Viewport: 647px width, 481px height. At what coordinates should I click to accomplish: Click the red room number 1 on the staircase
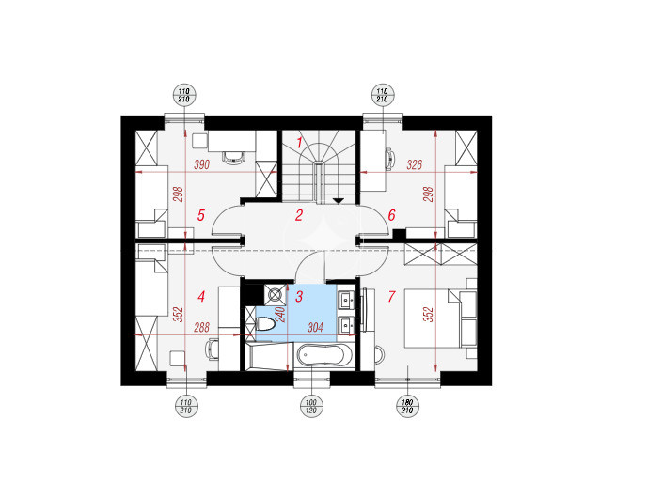click(300, 143)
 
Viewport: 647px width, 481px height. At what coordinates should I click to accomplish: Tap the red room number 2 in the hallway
click(299, 215)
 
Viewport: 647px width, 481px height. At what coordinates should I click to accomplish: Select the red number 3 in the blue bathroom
click(299, 296)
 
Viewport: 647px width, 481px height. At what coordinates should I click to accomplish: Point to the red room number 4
click(201, 296)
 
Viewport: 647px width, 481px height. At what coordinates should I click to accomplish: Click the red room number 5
click(201, 215)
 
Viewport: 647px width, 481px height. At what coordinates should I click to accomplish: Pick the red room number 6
click(391, 215)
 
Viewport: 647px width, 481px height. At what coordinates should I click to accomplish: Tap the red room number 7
click(391, 296)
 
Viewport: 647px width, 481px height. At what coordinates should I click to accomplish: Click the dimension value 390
click(202, 164)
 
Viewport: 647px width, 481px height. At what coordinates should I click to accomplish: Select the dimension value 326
click(415, 164)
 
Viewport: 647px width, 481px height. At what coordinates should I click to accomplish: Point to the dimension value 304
click(315, 328)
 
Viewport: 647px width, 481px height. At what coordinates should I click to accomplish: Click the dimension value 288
click(202, 328)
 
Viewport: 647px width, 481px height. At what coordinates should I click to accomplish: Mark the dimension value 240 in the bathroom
click(280, 315)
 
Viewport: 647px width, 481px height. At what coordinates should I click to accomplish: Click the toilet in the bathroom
click(265, 324)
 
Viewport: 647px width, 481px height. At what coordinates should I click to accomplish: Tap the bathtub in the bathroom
click(324, 355)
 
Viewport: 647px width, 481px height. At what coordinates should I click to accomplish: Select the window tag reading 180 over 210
click(407, 406)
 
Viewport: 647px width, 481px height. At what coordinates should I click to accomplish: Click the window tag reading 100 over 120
click(311, 406)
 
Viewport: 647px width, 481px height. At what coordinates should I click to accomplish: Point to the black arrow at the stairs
click(339, 201)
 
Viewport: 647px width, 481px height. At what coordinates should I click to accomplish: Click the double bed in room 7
click(432, 318)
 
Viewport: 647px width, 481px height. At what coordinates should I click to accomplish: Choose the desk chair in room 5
click(233, 157)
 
